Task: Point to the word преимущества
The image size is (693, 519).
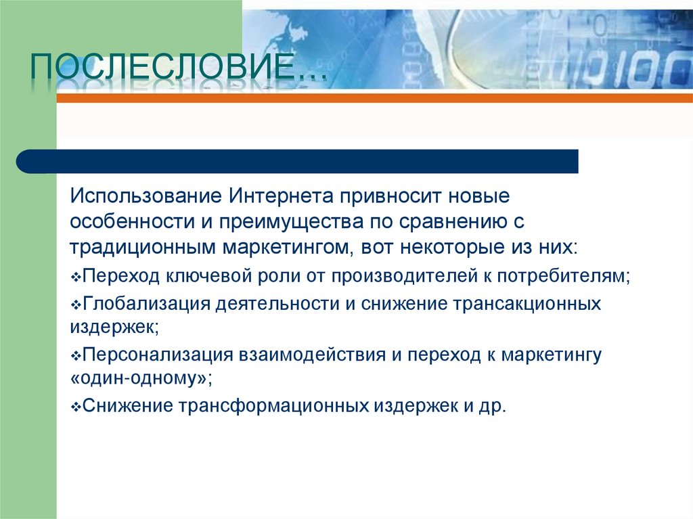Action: (292, 222)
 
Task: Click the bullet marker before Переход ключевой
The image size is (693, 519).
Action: (75, 277)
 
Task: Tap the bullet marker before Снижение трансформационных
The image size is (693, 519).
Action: (75, 408)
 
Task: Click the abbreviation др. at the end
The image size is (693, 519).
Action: (494, 406)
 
